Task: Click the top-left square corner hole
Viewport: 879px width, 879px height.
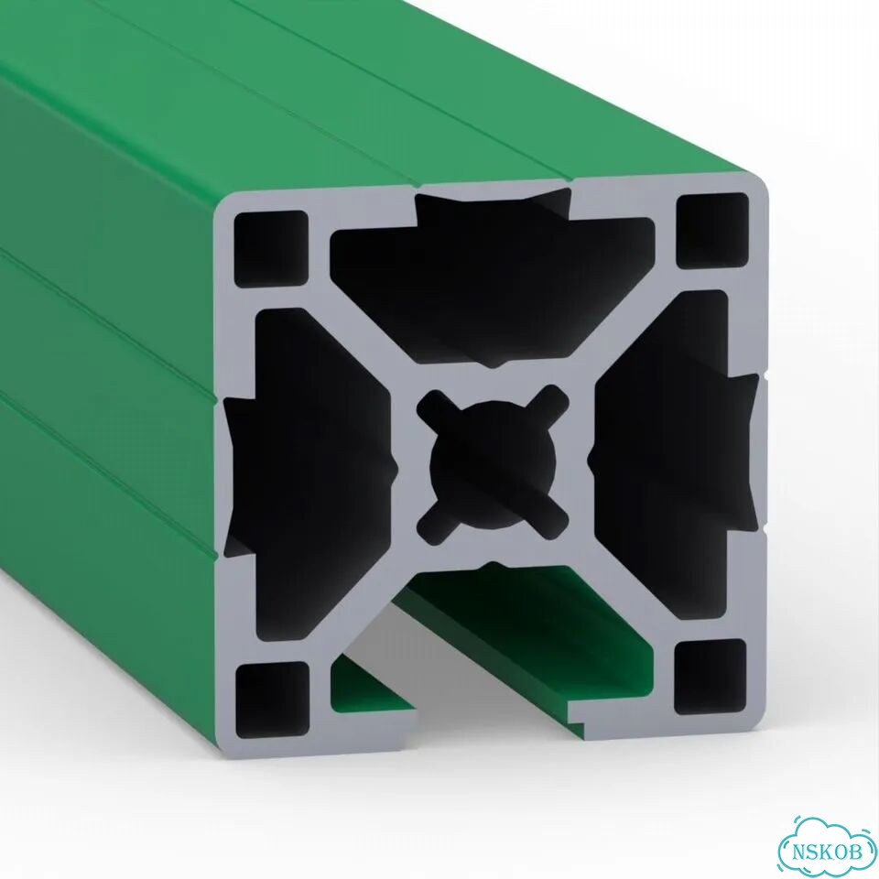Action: (271, 249)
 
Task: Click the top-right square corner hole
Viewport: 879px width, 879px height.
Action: (712, 231)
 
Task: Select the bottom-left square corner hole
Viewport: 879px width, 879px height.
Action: (273, 700)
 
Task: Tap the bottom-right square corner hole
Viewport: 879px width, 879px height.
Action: (711, 677)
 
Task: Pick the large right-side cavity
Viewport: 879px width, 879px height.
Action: (673, 455)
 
